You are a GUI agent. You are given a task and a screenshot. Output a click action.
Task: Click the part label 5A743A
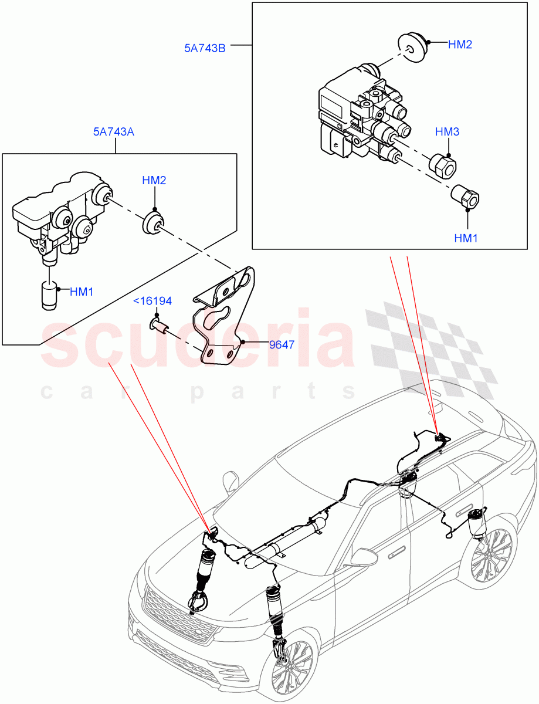(x=113, y=132)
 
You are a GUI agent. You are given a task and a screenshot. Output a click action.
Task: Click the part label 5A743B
(x=205, y=48)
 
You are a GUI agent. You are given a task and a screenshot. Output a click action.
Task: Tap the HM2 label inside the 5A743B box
(x=460, y=45)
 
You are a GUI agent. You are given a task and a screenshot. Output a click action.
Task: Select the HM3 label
(x=447, y=132)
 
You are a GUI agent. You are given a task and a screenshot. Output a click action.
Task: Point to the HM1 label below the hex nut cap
(x=467, y=238)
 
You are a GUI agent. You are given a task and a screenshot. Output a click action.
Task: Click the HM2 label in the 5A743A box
(x=154, y=180)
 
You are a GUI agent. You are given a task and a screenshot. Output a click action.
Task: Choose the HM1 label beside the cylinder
(x=82, y=292)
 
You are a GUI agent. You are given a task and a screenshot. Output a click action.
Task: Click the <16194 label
(x=152, y=302)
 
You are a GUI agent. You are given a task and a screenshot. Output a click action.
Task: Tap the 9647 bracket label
(x=282, y=344)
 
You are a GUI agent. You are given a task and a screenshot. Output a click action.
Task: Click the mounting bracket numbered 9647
(x=226, y=317)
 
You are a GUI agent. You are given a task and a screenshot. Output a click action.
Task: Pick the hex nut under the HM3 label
(x=444, y=165)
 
